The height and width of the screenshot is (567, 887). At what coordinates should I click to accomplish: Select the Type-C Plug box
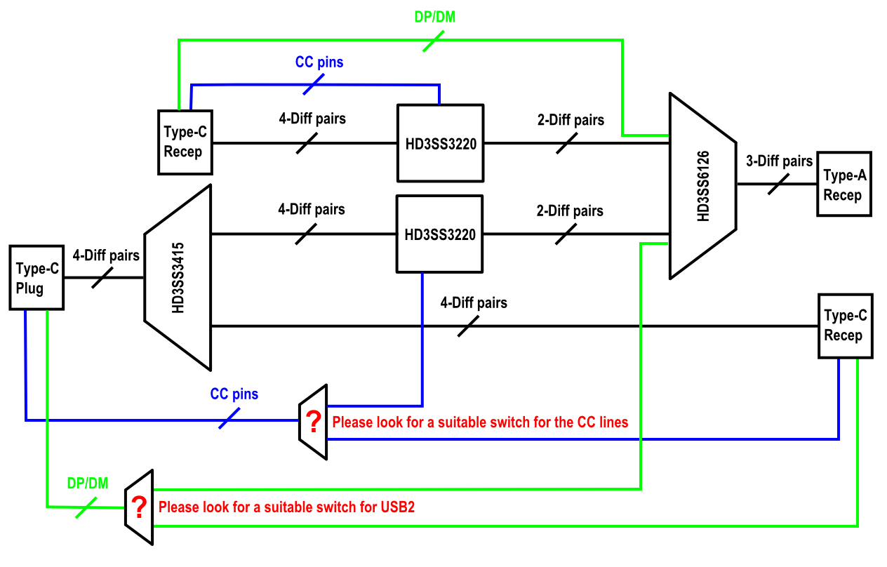36,277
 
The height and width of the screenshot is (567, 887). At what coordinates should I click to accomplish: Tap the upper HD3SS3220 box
440,143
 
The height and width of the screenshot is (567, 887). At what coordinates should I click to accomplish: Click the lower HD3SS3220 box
440,234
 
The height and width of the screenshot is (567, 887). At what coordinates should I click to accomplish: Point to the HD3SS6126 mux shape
702,186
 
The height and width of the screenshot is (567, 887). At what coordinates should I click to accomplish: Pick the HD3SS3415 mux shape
178,277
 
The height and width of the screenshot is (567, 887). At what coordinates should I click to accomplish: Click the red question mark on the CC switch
313,422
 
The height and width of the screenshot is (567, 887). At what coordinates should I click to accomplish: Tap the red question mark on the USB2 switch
140,506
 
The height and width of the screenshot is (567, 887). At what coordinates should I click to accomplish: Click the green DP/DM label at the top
435,17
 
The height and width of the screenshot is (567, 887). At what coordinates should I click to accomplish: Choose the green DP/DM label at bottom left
88,483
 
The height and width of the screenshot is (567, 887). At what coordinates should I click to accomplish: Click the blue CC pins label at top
319,62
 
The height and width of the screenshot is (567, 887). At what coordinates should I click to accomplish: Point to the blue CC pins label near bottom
234,394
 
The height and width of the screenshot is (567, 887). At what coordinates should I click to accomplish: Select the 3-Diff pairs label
779,161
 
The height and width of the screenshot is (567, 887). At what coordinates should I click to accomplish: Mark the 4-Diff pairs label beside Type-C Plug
106,256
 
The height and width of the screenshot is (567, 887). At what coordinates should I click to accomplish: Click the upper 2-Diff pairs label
571,120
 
